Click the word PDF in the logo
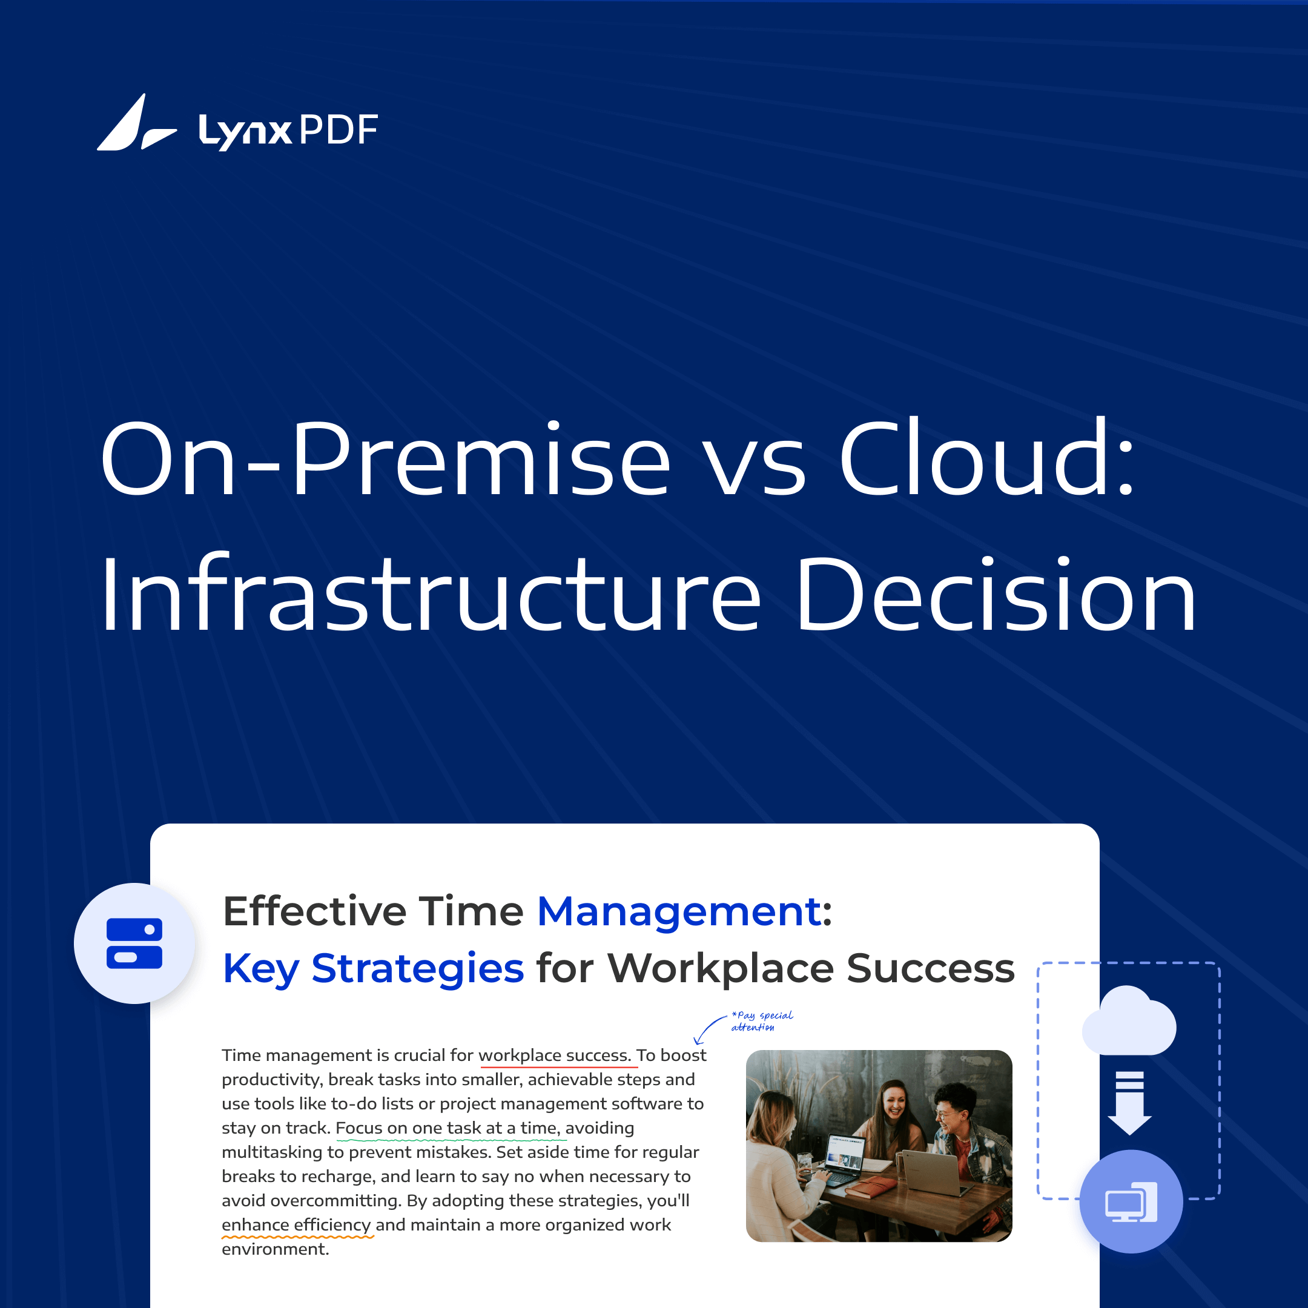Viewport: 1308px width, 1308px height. [338, 130]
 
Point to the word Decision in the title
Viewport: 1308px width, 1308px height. [995, 595]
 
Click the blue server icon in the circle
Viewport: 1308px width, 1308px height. [134, 943]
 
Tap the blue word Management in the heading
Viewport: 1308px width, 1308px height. [679, 911]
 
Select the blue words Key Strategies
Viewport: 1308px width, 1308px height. [373, 968]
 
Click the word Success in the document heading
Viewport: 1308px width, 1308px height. [930, 968]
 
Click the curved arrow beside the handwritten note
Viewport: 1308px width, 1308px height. [708, 1029]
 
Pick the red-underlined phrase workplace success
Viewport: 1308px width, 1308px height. [555, 1055]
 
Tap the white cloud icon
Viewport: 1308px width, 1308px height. [1129, 1022]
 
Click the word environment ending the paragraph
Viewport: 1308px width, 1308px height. [274, 1249]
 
